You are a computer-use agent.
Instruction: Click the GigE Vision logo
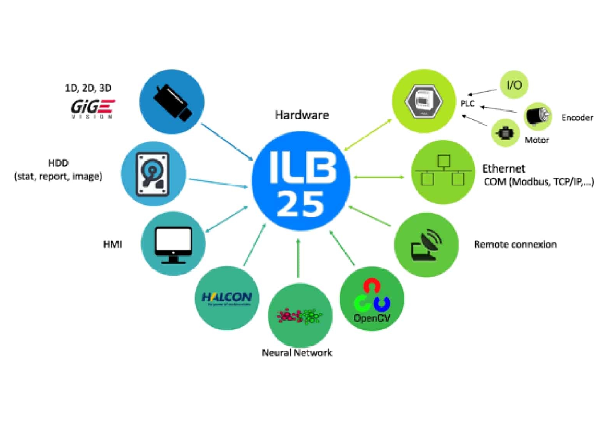tap(92, 109)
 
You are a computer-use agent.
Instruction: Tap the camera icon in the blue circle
tap(172, 102)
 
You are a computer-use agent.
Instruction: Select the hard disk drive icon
tap(153, 174)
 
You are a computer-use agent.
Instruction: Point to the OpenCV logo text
tap(372, 318)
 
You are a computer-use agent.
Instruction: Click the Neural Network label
tap(297, 353)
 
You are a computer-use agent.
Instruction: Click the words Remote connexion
tap(515, 244)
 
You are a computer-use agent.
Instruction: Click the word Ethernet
tap(503, 169)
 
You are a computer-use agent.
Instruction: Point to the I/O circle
tap(514, 85)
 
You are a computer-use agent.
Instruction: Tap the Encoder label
tap(577, 118)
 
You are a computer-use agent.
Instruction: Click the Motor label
tap(537, 140)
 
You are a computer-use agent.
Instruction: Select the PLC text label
tap(467, 104)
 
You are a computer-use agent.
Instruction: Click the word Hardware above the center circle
tap(302, 115)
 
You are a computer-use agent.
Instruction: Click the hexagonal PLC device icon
tap(424, 101)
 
